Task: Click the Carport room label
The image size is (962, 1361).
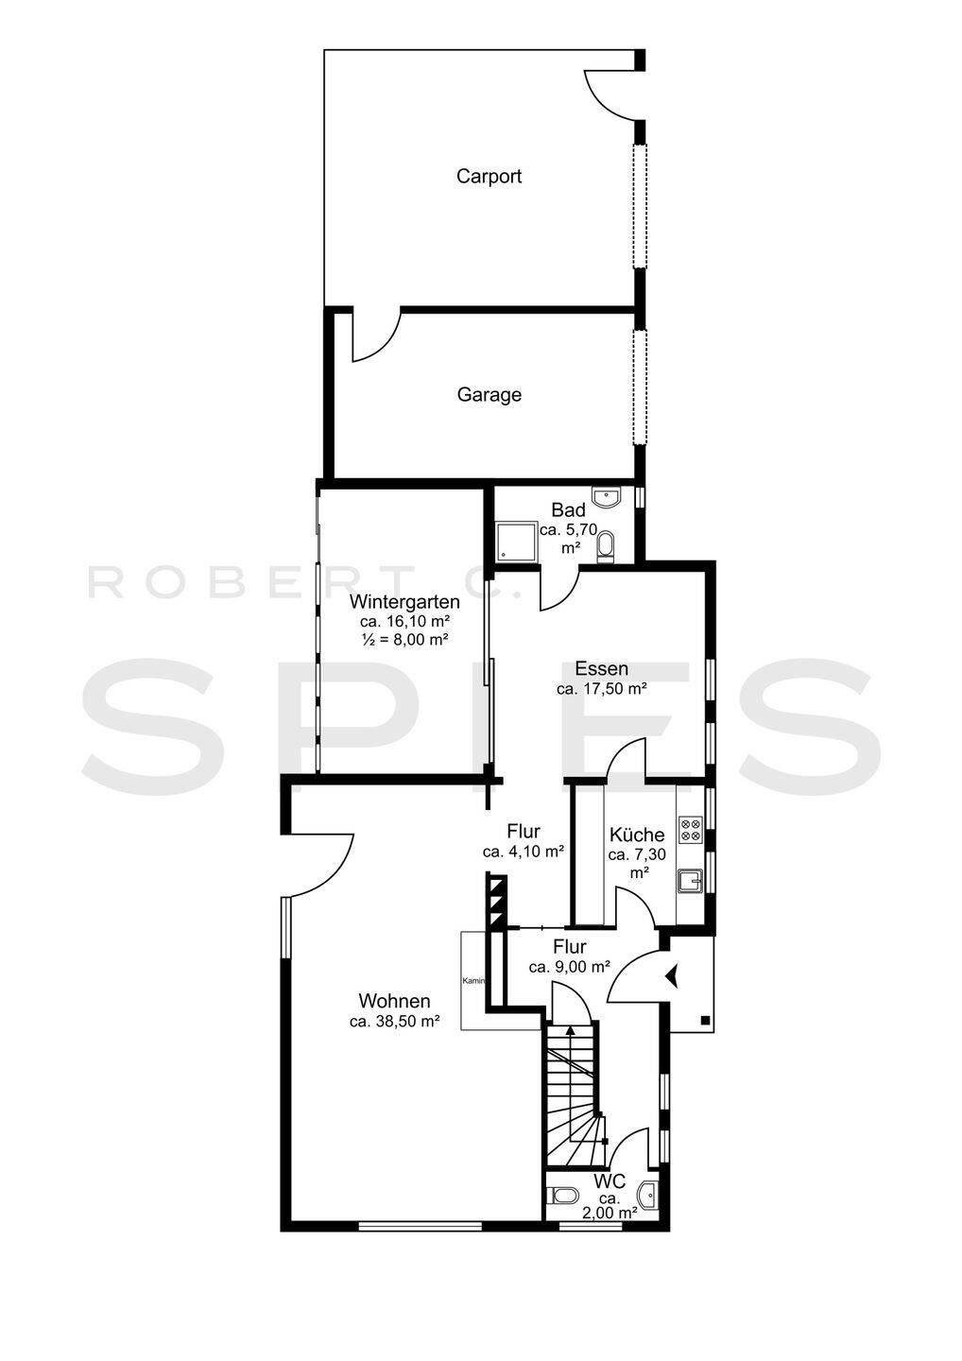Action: (489, 176)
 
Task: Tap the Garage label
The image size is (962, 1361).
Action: (489, 395)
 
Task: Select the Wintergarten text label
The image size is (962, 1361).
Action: (404, 602)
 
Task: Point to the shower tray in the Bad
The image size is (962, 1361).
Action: (517, 541)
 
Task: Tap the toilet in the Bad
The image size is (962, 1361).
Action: (606, 543)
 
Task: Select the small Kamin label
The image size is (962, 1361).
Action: (473, 981)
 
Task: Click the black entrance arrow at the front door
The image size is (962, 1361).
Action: (671, 976)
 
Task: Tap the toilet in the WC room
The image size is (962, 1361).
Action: (558, 1197)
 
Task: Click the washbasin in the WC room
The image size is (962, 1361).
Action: (649, 1195)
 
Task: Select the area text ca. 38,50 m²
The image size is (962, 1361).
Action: (394, 1022)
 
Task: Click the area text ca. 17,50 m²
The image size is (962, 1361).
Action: (601, 689)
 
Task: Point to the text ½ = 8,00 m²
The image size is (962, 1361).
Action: (404, 639)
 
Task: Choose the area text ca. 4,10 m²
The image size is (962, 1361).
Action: (524, 852)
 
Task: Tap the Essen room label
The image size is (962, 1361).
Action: (601, 669)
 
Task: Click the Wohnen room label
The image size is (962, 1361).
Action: (394, 1001)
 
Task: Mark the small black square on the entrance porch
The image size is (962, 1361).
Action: (705, 1020)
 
